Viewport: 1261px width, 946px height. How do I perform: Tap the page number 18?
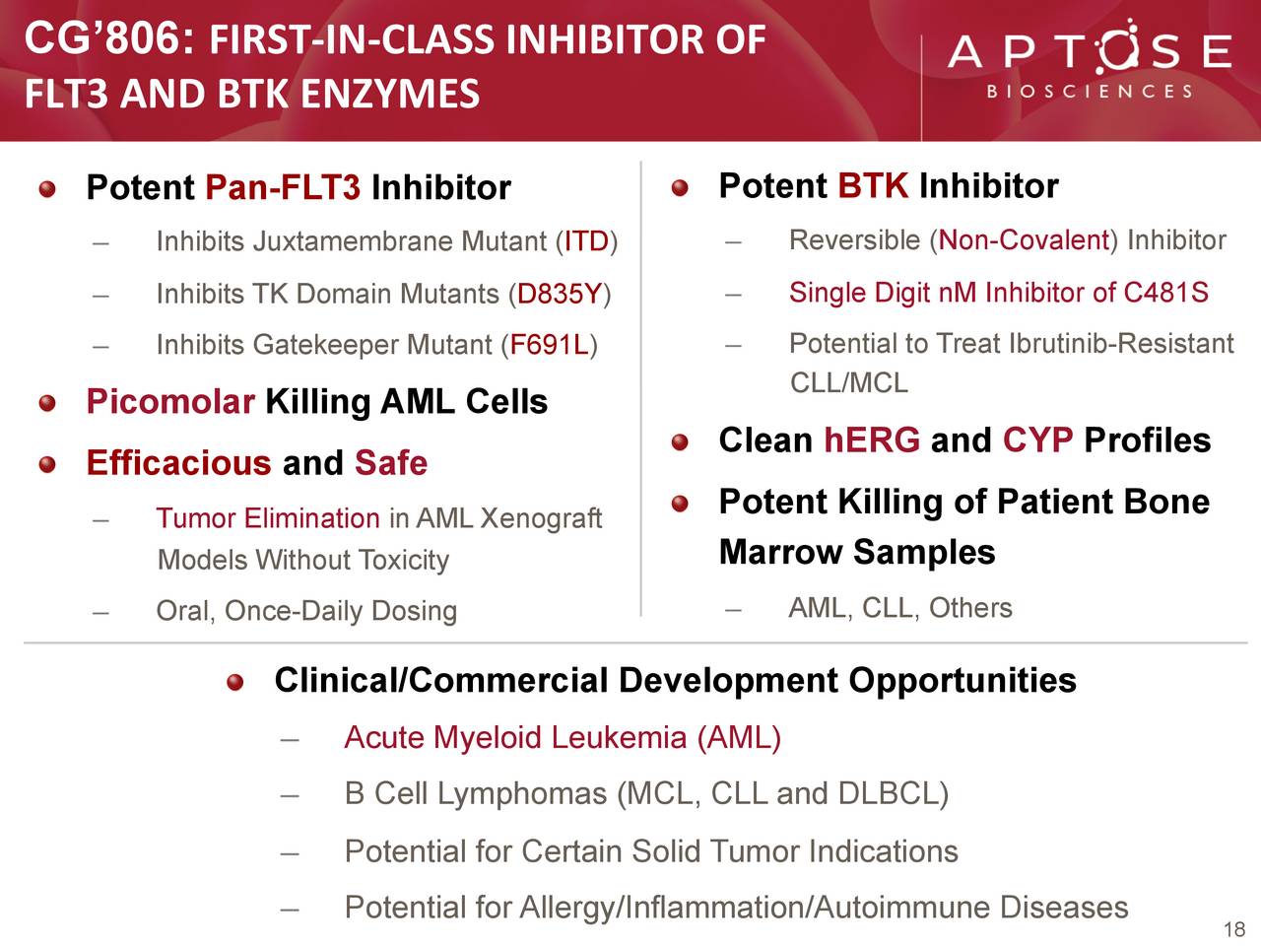point(1234,929)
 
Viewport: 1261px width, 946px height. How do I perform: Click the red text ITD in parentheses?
point(586,241)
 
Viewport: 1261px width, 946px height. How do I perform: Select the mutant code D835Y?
point(559,294)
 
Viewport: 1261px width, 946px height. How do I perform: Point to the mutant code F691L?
point(549,345)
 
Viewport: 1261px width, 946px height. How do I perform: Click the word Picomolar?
point(170,401)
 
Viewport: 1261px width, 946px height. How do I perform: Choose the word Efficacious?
point(178,462)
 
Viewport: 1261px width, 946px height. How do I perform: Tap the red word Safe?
point(391,462)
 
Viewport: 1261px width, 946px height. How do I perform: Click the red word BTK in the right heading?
point(873,185)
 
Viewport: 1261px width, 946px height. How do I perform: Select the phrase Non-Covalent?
point(1024,240)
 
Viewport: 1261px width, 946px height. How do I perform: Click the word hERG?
point(872,439)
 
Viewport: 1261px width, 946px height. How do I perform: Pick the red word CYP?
point(1038,439)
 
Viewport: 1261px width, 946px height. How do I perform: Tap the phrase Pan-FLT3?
point(283,187)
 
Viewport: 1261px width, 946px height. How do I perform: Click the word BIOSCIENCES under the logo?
point(1090,92)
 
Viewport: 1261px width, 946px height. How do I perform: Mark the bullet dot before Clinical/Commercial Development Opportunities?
point(235,682)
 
